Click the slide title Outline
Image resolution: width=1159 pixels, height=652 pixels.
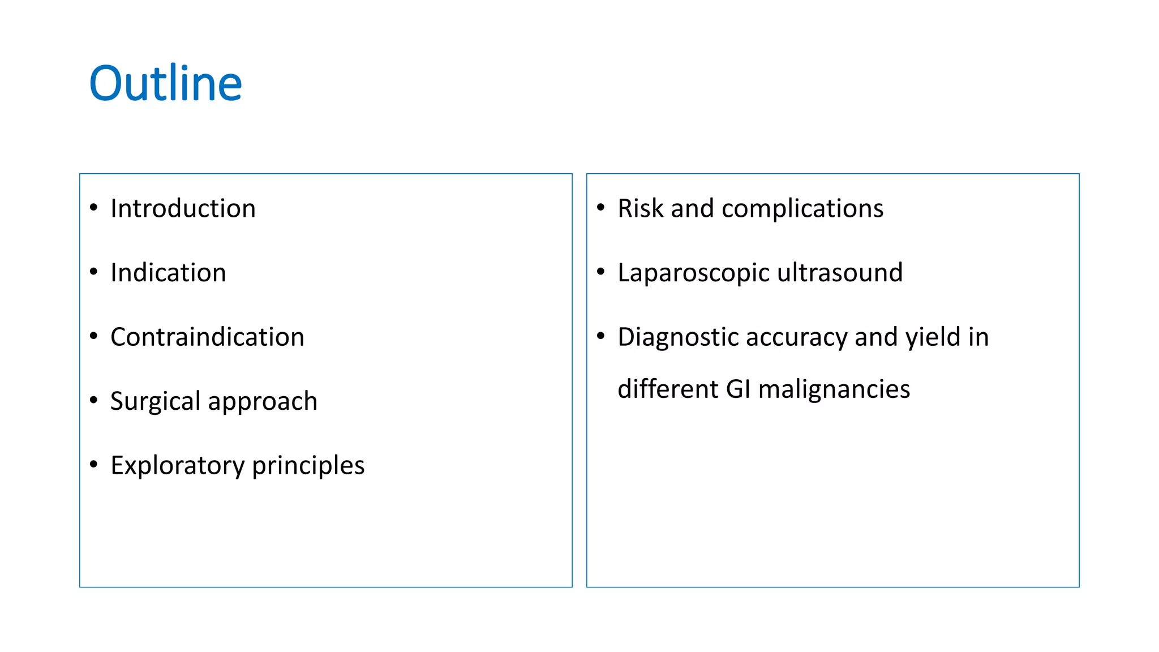[x=165, y=84]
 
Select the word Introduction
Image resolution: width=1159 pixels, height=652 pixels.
[x=183, y=208]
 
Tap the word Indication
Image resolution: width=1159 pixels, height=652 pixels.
[x=168, y=273]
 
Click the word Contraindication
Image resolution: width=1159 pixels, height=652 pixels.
[x=207, y=337]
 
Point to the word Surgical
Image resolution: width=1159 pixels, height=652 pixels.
[x=154, y=401]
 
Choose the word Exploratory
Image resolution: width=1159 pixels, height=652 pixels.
[x=177, y=466]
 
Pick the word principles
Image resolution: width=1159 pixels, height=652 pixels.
[x=308, y=466]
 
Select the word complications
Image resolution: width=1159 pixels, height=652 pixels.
[x=802, y=209]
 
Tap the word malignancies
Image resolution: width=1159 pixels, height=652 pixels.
[x=834, y=390]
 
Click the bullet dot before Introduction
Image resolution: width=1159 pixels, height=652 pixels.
[x=94, y=208]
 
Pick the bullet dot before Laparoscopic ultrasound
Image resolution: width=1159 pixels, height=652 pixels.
[x=601, y=272]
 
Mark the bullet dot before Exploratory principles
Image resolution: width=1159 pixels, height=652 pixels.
[x=94, y=465]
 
